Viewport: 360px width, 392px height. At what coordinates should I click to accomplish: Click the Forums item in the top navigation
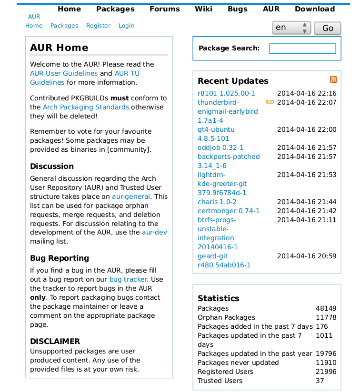pos(164,9)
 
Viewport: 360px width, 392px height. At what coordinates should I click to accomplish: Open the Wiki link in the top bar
pos(203,9)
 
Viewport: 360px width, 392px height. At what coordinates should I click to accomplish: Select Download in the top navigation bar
pos(314,9)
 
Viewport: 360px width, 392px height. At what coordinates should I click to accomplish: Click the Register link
pos(98,26)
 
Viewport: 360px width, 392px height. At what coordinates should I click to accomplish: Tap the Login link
pos(126,26)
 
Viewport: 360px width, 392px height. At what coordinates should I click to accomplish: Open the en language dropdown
pos(291,28)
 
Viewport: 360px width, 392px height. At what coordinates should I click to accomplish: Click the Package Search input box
pos(302,49)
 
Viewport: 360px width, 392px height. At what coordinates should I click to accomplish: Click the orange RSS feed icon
pos(333,80)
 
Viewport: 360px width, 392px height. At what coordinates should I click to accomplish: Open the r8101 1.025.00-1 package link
pos(226,93)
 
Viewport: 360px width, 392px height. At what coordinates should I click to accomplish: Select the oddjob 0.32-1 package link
pos(220,147)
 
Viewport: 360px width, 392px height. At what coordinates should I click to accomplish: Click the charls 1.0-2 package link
pos(217,202)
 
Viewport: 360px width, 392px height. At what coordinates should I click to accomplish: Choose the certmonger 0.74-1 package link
pos(229,211)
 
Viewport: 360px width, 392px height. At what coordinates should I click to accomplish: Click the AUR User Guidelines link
pos(64,73)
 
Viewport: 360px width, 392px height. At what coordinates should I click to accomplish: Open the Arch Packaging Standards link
pos(86,107)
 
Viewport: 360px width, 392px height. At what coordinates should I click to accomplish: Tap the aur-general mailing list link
pos(131,196)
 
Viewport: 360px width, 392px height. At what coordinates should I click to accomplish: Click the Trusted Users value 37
pos(320,381)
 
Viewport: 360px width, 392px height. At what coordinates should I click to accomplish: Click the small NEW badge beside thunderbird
pos(270,102)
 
